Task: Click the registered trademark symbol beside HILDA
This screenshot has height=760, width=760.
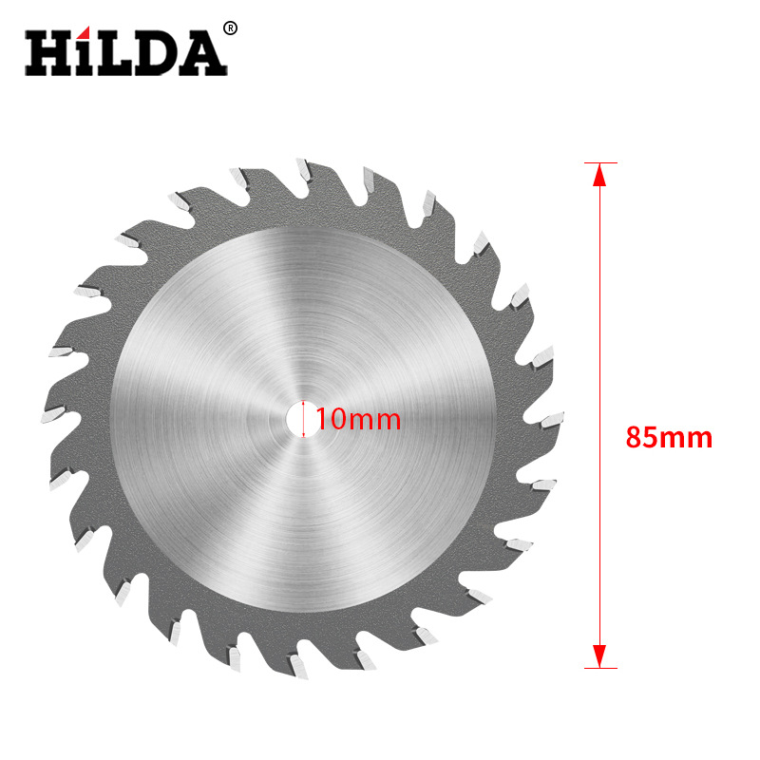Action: point(230,29)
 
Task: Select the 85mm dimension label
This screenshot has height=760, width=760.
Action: point(669,438)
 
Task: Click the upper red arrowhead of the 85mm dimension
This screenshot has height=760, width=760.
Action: point(598,177)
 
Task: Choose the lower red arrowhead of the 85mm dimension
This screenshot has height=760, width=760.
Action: point(598,655)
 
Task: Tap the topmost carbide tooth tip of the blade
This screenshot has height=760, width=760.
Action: point(301,169)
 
